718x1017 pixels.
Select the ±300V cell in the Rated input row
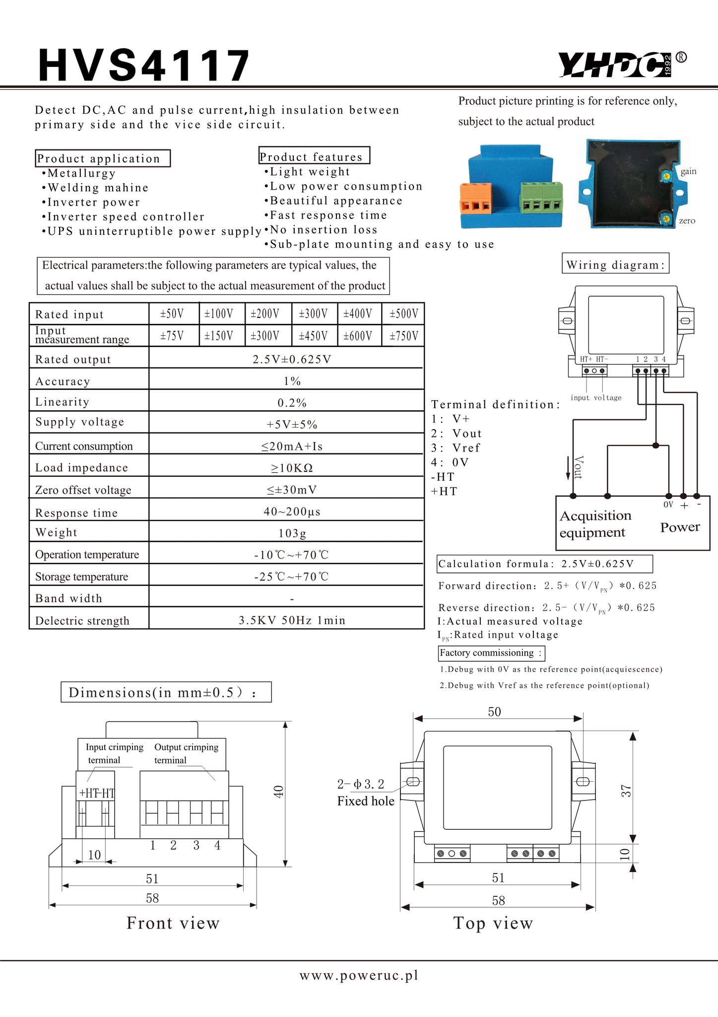coord(313,314)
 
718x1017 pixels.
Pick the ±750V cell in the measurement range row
coord(403,336)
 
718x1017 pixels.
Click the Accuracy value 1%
coord(292,381)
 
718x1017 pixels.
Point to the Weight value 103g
coord(292,533)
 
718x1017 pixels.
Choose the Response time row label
coord(76,513)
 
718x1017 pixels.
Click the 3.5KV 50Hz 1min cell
coord(292,620)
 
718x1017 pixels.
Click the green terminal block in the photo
coord(541,198)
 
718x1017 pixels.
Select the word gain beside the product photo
coord(688,171)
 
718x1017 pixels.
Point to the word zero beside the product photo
coord(687,221)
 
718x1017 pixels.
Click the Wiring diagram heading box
coord(615,265)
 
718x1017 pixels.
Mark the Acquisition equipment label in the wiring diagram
coord(595,524)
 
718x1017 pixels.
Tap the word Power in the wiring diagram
coord(680,527)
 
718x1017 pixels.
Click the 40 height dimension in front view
coord(278,792)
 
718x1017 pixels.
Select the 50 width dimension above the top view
coord(494,712)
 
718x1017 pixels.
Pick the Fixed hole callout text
coord(366,801)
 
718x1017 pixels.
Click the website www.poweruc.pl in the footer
coord(359,975)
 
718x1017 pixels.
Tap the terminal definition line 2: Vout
coord(457,434)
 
